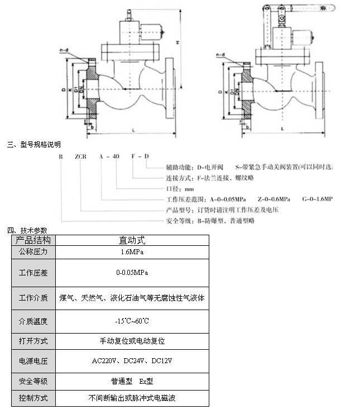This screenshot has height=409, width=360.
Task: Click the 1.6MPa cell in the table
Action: pos(132,253)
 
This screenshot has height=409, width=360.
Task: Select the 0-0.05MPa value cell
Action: pos(132,273)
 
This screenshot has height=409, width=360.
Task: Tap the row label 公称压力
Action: pos(33,253)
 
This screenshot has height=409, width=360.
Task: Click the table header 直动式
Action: pos(132,240)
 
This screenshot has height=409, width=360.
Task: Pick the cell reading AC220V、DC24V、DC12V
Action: pos(132,361)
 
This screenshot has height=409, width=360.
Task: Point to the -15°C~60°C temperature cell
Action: pos(132,321)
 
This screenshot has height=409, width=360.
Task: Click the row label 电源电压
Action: pos(33,361)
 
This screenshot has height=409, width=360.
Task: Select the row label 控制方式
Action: pos(33,398)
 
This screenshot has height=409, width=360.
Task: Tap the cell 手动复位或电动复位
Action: pos(132,340)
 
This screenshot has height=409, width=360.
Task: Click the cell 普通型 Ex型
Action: pos(132,382)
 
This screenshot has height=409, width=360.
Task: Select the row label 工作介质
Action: pos(33,298)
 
